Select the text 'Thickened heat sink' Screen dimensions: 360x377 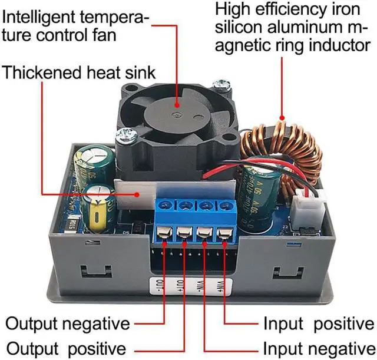pos(80,72)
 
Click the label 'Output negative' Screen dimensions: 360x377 pos(67,323)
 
